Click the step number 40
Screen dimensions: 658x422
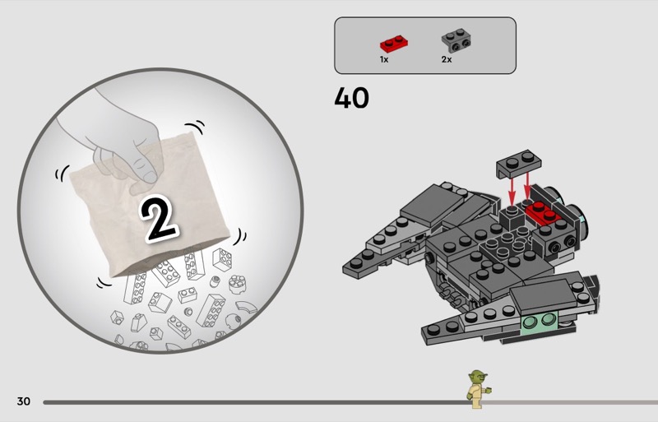point(352,98)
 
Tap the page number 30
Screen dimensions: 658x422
point(24,401)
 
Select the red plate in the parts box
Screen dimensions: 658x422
point(395,44)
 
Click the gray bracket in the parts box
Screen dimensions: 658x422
point(456,40)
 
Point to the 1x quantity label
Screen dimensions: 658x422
point(384,59)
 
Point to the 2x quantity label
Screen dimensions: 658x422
point(447,59)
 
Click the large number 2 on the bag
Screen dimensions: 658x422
point(158,218)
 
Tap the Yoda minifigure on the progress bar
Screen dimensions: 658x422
point(478,389)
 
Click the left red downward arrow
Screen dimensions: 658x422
point(512,192)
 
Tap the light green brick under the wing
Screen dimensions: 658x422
point(540,322)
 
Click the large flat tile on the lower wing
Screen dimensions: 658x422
point(544,296)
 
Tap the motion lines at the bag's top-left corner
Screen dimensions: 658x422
point(63,173)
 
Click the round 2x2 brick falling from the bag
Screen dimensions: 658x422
point(238,285)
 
